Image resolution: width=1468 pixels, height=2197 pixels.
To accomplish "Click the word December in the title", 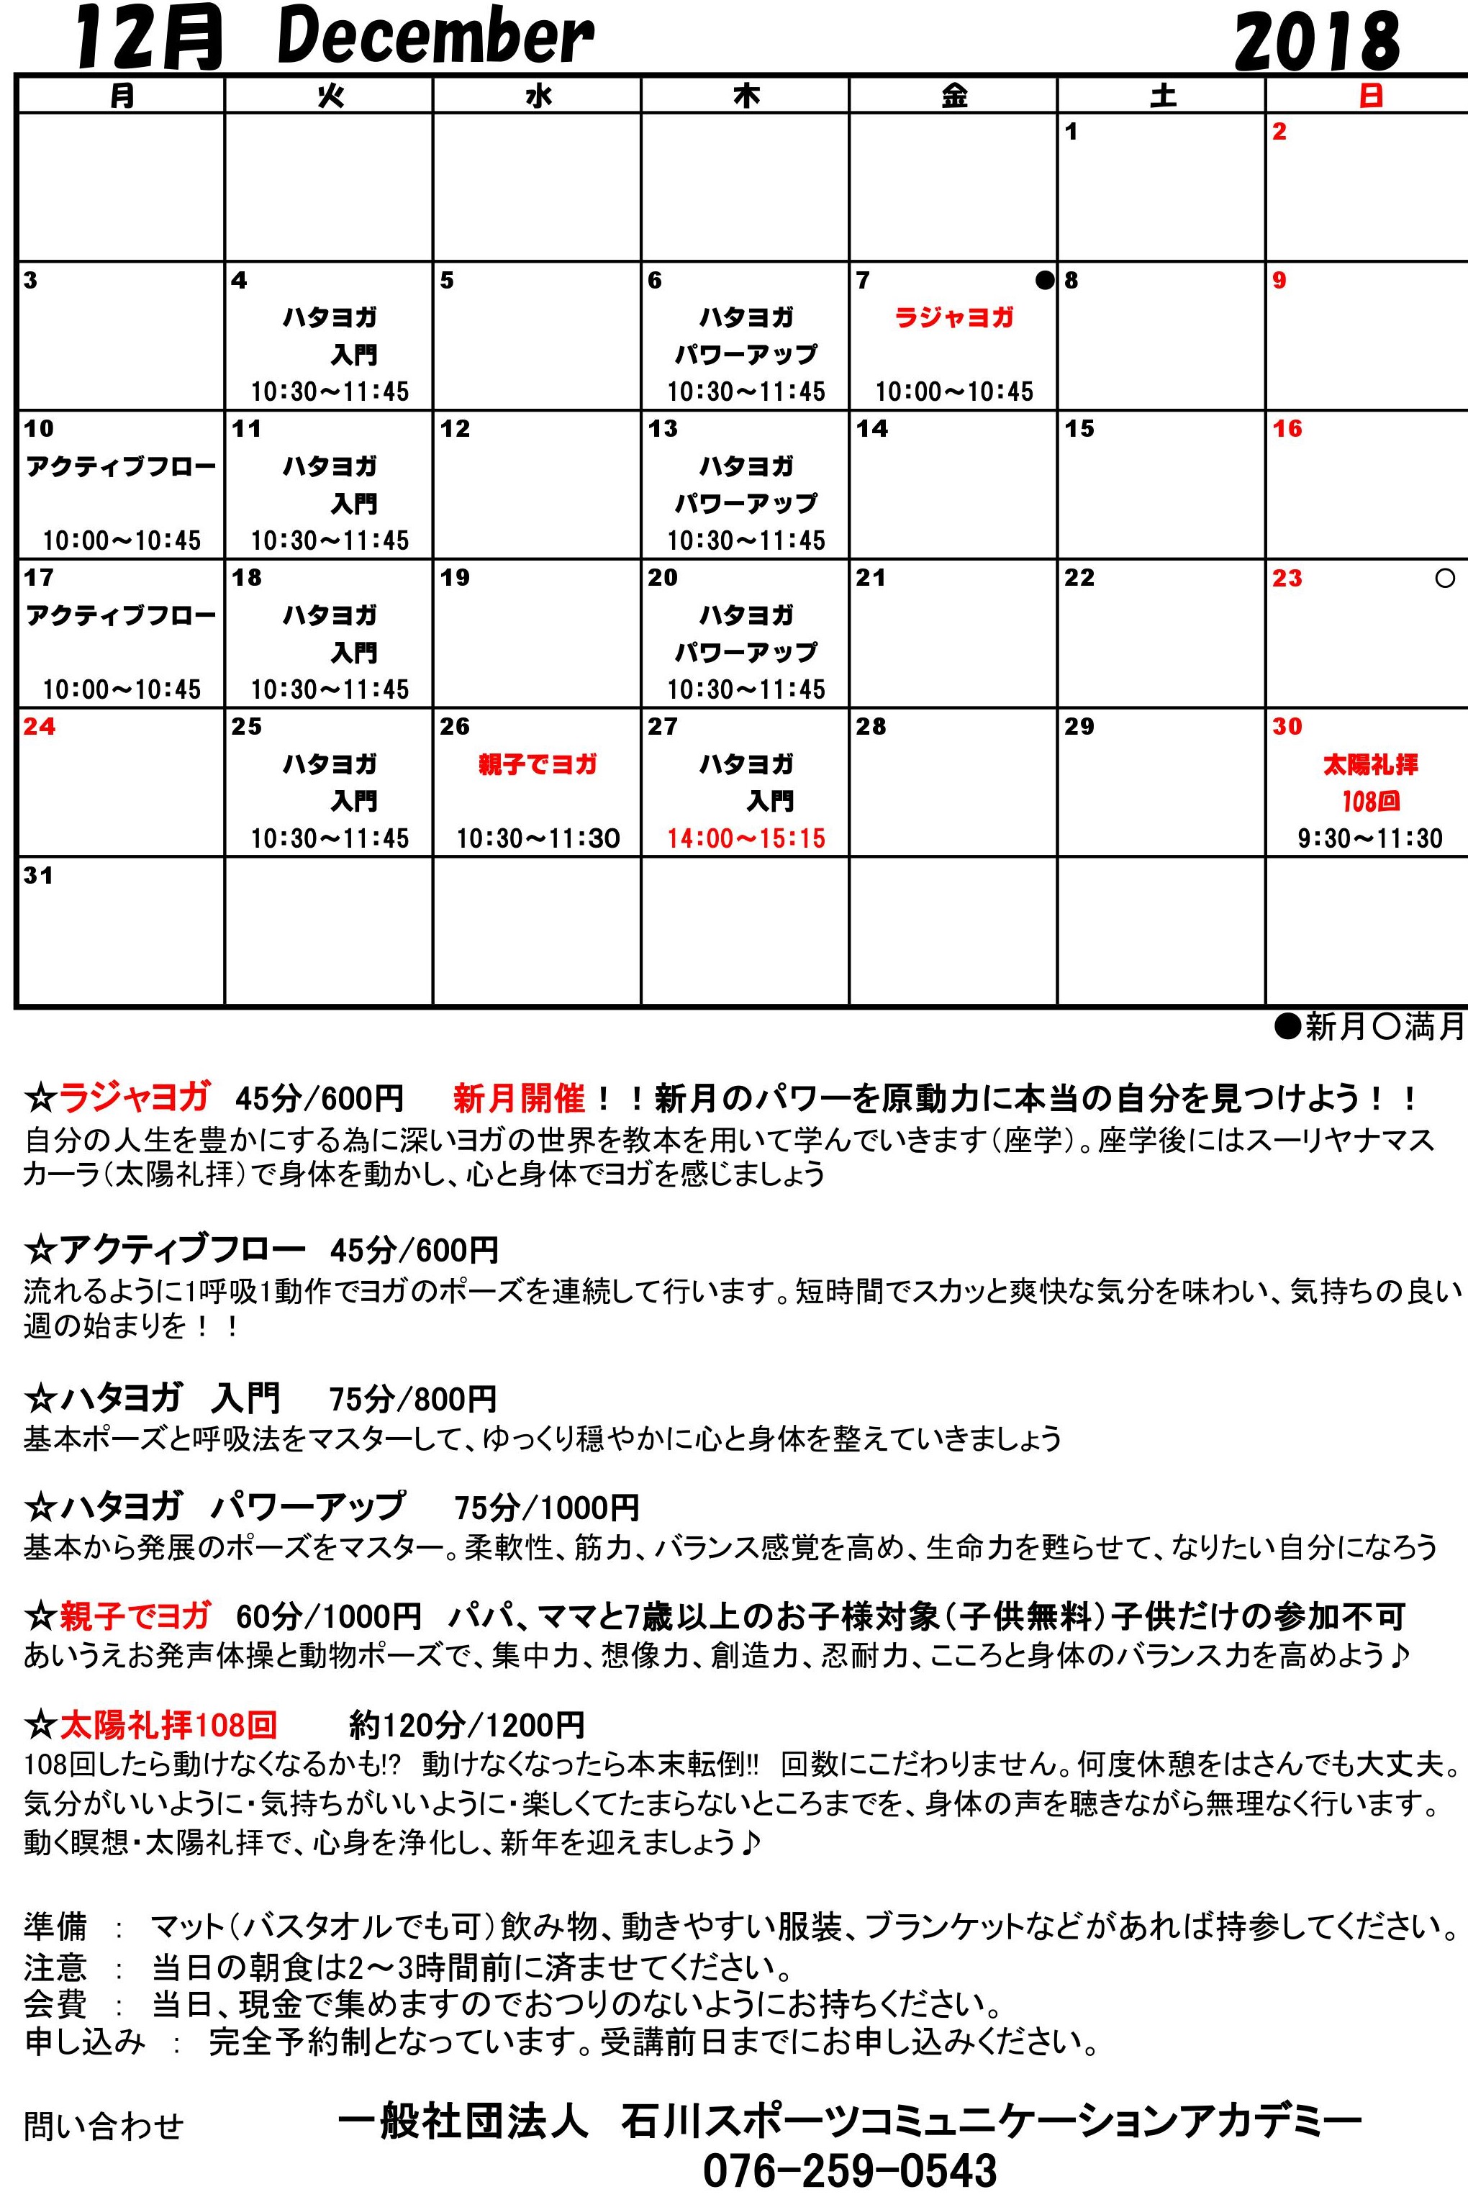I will (435, 37).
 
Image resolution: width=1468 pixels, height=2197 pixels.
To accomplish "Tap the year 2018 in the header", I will (1316, 42).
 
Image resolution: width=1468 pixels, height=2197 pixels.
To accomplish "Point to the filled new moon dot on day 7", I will (1044, 280).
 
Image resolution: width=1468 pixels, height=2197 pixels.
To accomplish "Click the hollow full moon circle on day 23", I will (1444, 579).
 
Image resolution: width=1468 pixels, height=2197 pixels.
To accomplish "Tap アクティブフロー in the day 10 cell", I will (121, 466).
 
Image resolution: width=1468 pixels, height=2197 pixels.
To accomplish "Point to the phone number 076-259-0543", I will (850, 2170).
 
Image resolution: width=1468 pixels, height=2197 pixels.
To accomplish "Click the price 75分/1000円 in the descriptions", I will (547, 1507).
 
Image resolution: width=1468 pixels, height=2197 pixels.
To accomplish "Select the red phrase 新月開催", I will (519, 1097).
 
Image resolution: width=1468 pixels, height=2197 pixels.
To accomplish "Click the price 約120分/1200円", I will (467, 1724).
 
